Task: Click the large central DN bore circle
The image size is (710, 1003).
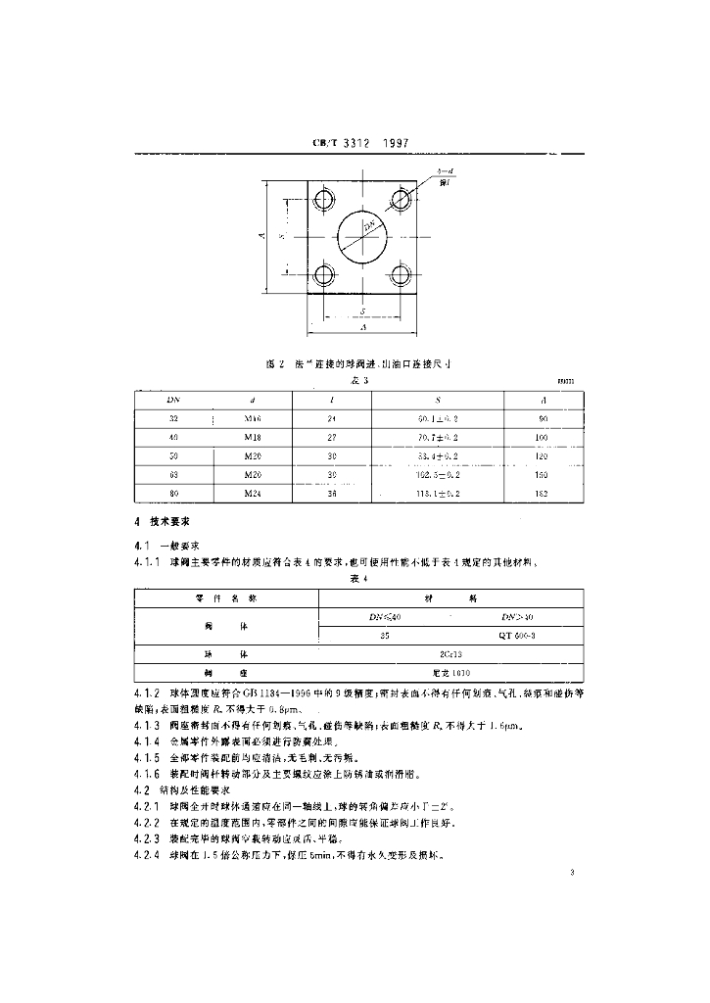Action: (x=362, y=236)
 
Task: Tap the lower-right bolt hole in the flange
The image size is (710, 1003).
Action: (x=399, y=273)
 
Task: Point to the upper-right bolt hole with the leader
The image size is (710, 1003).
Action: (x=400, y=199)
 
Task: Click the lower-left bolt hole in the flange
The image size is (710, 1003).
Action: (x=322, y=273)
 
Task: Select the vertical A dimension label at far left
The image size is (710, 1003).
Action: (x=260, y=236)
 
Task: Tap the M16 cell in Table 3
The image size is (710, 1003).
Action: (x=254, y=418)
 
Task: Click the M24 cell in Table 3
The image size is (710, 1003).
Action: (x=254, y=494)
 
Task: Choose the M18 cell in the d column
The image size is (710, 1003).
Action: (x=254, y=437)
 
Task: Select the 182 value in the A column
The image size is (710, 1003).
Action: (x=544, y=494)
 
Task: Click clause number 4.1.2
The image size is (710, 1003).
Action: (x=147, y=694)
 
